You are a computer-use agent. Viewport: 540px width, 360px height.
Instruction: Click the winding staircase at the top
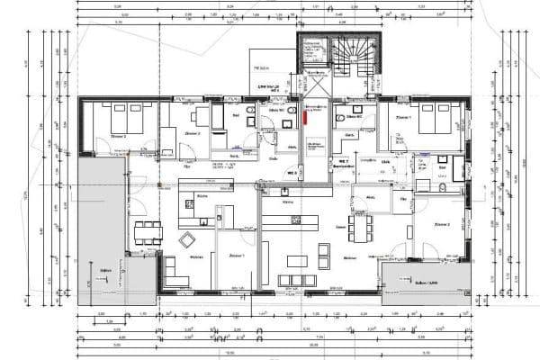[x=350, y=55]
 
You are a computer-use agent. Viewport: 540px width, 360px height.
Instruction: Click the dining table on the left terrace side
[x=145, y=233]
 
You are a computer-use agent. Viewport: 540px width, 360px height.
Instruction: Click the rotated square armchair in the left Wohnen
[x=188, y=240]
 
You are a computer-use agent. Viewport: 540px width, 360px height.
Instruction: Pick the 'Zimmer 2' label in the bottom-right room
[x=441, y=223]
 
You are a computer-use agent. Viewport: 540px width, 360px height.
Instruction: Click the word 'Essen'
[x=340, y=228]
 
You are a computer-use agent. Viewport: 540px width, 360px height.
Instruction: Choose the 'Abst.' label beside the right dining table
[x=370, y=195]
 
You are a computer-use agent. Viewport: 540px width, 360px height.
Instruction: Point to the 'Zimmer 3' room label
[x=117, y=135]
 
